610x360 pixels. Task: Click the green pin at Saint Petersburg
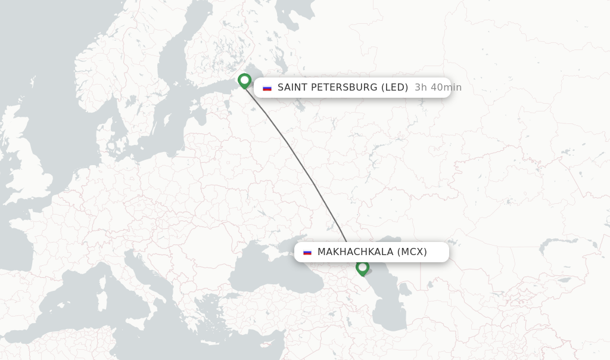(x=244, y=80)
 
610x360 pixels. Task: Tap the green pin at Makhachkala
(x=362, y=268)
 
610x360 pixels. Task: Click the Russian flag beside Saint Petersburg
(x=267, y=88)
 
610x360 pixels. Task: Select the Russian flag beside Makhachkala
(x=307, y=252)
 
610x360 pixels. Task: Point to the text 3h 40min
(x=438, y=88)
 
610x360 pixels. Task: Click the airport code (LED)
(x=394, y=88)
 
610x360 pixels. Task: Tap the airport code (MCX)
(x=412, y=252)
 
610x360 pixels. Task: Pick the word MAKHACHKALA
(x=355, y=252)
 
